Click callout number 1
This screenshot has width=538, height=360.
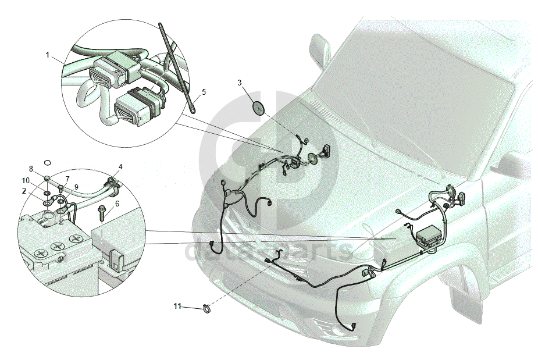[x=48, y=55]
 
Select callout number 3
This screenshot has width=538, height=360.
[x=240, y=83]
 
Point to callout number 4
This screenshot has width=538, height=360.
[x=120, y=167]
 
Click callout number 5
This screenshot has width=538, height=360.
[x=204, y=92]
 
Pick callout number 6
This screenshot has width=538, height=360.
[x=117, y=204]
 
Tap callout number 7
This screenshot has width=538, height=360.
[x=67, y=179]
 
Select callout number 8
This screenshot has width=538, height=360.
[x=31, y=169]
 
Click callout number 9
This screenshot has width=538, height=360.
[x=76, y=187]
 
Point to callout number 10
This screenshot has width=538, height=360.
[x=26, y=180]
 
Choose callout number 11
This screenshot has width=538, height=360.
[x=177, y=306]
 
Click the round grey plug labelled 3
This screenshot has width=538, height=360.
[x=258, y=108]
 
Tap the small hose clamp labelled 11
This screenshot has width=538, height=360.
[x=206, y=308]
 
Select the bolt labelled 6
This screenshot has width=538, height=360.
[x=102, y=213]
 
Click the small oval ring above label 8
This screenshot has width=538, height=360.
[x=48, y=162]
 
